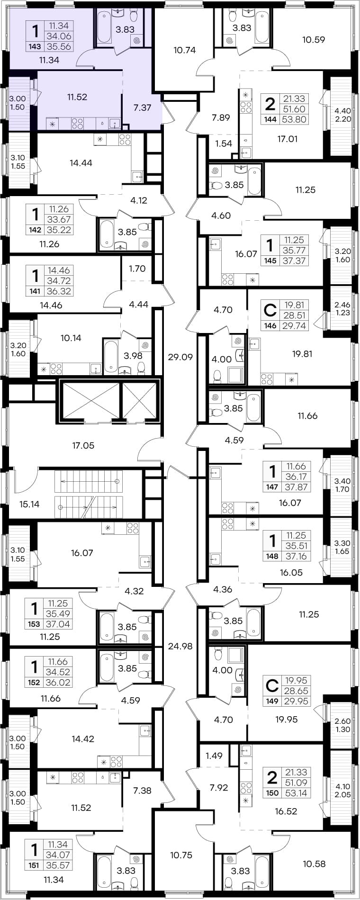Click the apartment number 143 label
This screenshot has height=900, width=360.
click(x=35, y=46)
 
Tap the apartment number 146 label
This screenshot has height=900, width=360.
click(x=270, y=326)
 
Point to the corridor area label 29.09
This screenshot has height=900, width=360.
click(x=180, y=357)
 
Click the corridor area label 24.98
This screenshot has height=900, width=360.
click(x=180, y=646)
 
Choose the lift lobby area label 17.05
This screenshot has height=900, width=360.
click(x=83, y=445)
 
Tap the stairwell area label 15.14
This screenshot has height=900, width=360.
click(x=29, y=504)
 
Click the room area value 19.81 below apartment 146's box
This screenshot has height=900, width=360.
click(x=302, y=353)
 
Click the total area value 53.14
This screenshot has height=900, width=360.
click(x=297, y=793)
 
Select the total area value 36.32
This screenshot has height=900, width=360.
click(x=59, y=291)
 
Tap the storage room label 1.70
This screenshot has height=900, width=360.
click(x=137, y=269)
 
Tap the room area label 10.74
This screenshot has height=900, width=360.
click(x=185, y=50)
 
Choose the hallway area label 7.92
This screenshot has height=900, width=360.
click(x=219, y=788)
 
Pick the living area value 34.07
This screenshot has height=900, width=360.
click(x=59, y=855)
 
